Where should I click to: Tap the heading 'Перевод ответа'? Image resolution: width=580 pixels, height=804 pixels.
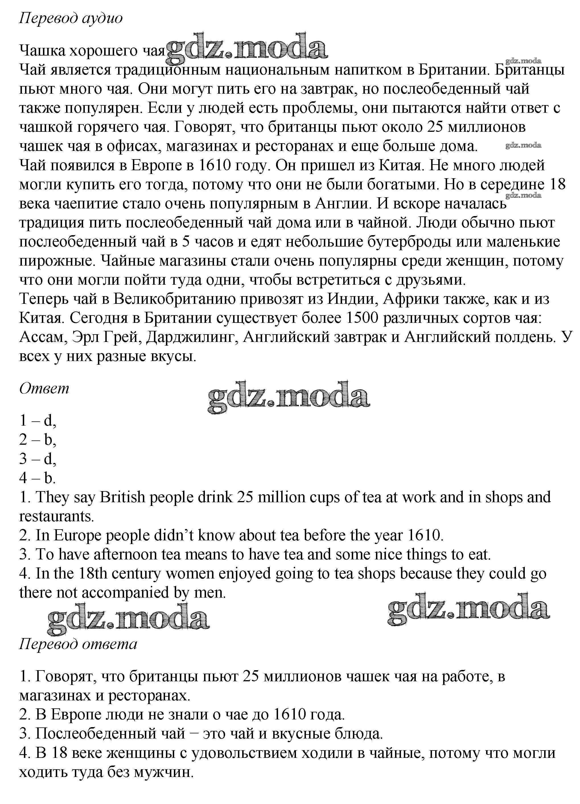(x=78, y=643)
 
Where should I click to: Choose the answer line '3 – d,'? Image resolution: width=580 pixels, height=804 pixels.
(x=38, y=459)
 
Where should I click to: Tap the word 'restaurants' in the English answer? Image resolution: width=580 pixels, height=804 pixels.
(x=56, y=516)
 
